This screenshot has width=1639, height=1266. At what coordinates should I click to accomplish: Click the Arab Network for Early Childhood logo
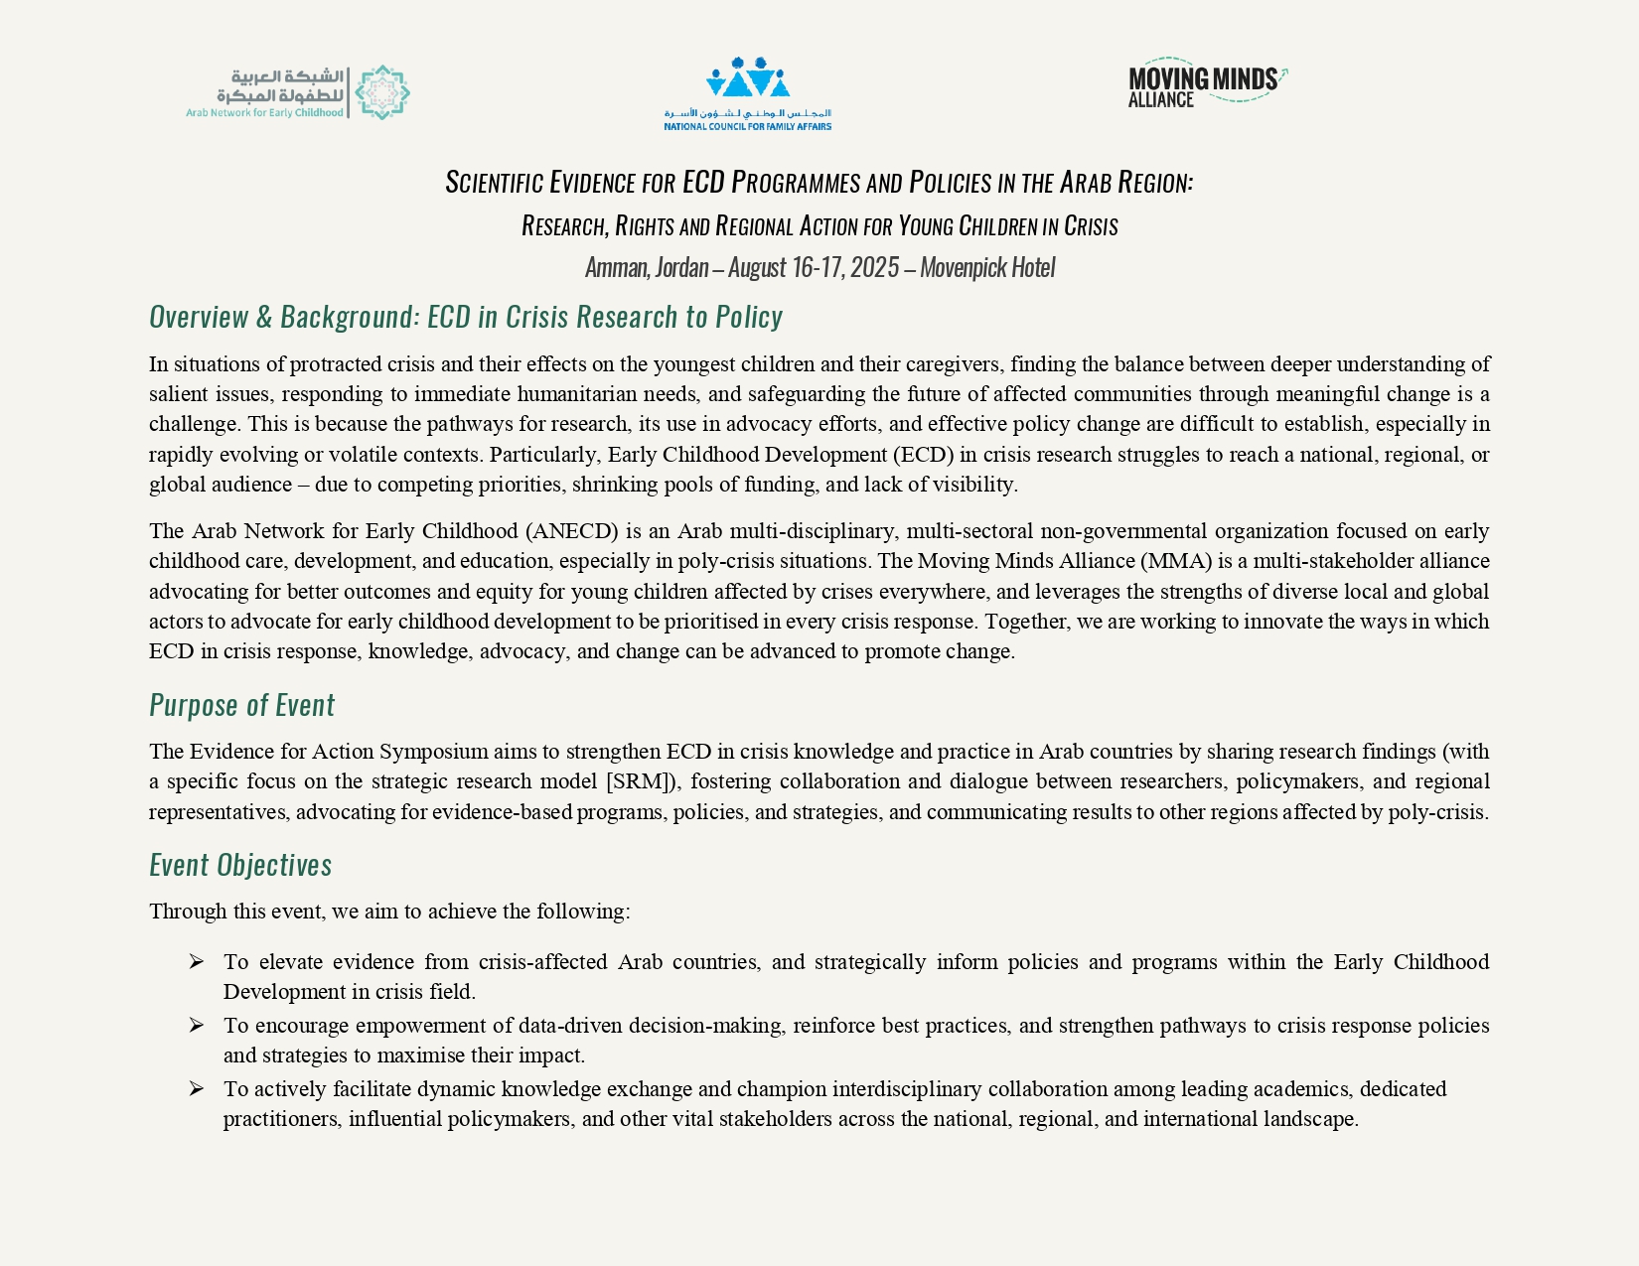point(298,92)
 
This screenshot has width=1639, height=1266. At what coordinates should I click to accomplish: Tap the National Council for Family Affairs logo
point(747,93)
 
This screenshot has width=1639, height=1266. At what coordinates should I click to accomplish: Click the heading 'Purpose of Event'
point(241,705)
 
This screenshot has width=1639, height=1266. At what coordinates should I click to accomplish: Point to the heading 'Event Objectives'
point(240,865)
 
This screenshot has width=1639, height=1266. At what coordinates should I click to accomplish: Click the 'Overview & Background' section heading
point(465,317)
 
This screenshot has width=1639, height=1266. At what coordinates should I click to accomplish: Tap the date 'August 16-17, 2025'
point(813,267)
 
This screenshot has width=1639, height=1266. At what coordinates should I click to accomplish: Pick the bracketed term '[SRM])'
point(643,781)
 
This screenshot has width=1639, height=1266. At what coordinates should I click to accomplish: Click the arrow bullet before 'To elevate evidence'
point(196,961)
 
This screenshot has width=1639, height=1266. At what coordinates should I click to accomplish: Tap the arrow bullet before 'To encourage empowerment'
point(196,1025)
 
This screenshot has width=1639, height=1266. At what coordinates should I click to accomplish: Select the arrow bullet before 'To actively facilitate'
point(196,1088)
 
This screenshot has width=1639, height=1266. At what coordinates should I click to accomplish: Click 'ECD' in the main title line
point(703,183)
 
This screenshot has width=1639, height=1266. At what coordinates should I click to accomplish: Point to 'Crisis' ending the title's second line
point(1091,226)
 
